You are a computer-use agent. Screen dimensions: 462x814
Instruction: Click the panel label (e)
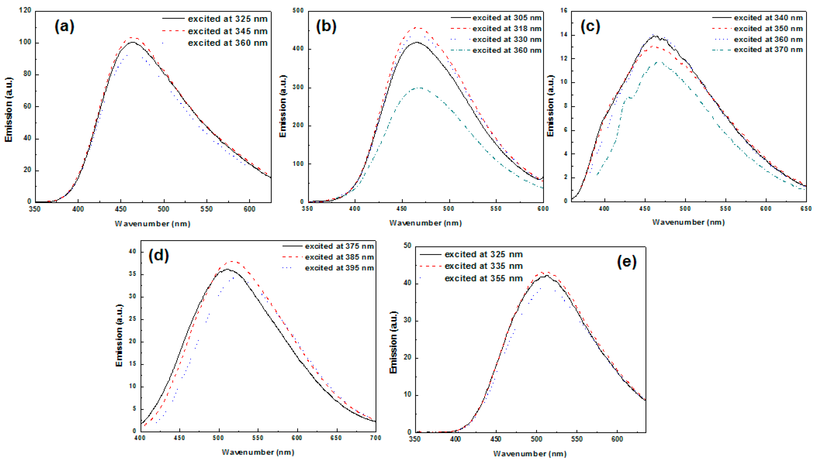626,262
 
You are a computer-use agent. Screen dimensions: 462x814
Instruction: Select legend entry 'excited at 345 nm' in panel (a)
227,31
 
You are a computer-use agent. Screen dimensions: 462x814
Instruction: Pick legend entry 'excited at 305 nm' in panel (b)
506,18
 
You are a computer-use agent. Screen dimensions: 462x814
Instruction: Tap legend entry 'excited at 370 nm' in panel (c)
768,50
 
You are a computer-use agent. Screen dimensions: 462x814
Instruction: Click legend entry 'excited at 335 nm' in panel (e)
483,266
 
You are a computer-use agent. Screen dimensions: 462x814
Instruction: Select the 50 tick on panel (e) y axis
408,246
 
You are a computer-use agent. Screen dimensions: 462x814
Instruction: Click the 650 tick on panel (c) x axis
806,208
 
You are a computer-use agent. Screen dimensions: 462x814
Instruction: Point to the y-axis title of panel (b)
283,106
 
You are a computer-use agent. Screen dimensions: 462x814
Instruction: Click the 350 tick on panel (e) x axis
415,439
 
